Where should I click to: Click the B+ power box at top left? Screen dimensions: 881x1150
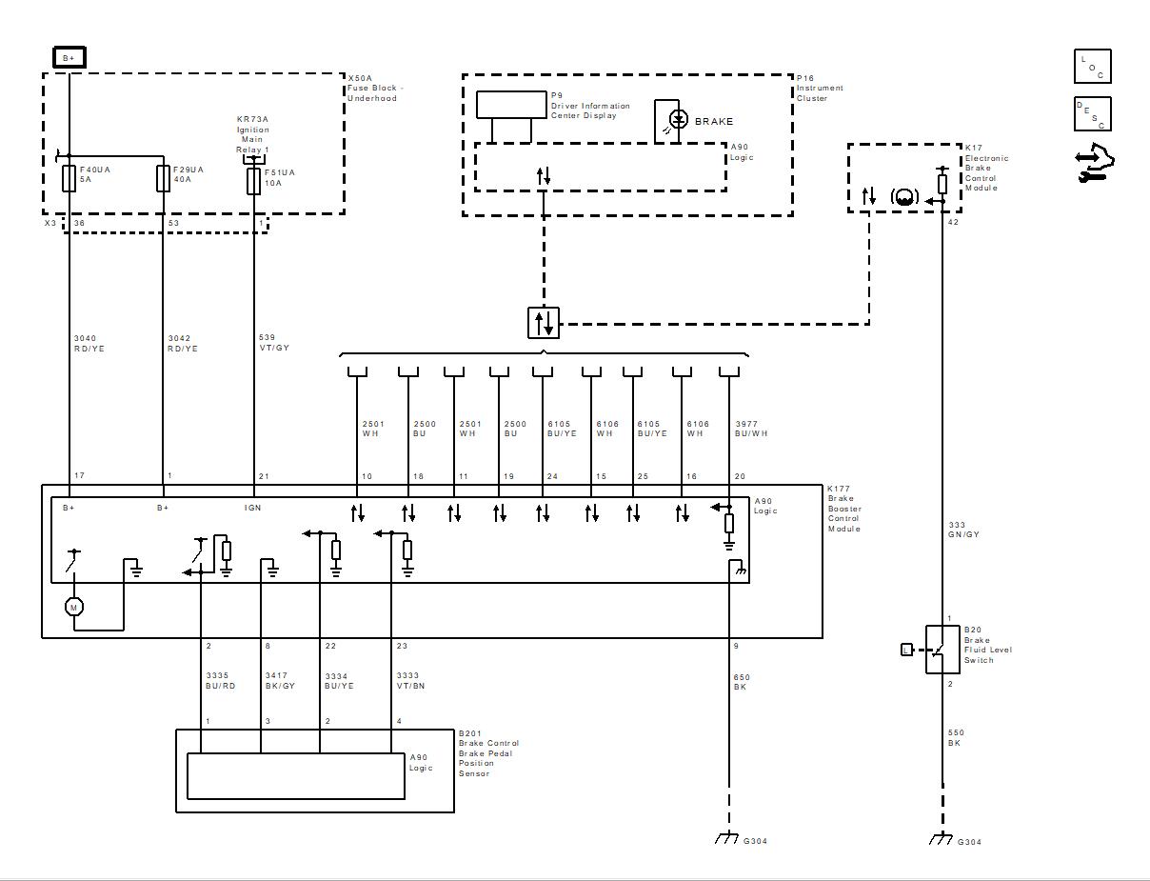tap(69, 58)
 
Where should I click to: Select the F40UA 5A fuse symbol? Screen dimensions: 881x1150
tap(69, 178)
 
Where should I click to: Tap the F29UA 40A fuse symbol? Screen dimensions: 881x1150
tap(163, 178)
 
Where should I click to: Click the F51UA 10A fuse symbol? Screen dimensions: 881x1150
tap(253, 181)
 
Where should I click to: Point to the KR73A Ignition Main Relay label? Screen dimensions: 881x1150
tap(253, 134)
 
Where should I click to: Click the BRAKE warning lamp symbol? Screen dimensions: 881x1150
tap(678, 120)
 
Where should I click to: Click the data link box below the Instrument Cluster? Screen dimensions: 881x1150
tap(544, 323)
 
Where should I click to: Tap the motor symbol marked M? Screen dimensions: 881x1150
tap(73, 607)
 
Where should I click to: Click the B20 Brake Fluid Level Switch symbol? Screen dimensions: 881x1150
tap(942, 650)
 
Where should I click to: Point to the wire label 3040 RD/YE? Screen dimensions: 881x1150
tap(89, 344)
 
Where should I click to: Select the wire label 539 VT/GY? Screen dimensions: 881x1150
tap(274, 342)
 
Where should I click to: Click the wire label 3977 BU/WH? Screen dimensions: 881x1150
tap(751, 429)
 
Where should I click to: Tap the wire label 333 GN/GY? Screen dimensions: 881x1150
tap(963, 530)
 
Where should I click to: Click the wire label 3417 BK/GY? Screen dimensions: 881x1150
tap(280, 680)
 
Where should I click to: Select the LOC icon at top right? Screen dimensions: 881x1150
tap(1092, 67)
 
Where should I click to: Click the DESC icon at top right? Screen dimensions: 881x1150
tap(1092, 114)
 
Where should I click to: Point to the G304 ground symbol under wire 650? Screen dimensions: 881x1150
tap(728, 838)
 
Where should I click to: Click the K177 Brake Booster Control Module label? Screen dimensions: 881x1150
tap(843, 509)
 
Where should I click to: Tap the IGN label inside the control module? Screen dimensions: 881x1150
tap(252, 508)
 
